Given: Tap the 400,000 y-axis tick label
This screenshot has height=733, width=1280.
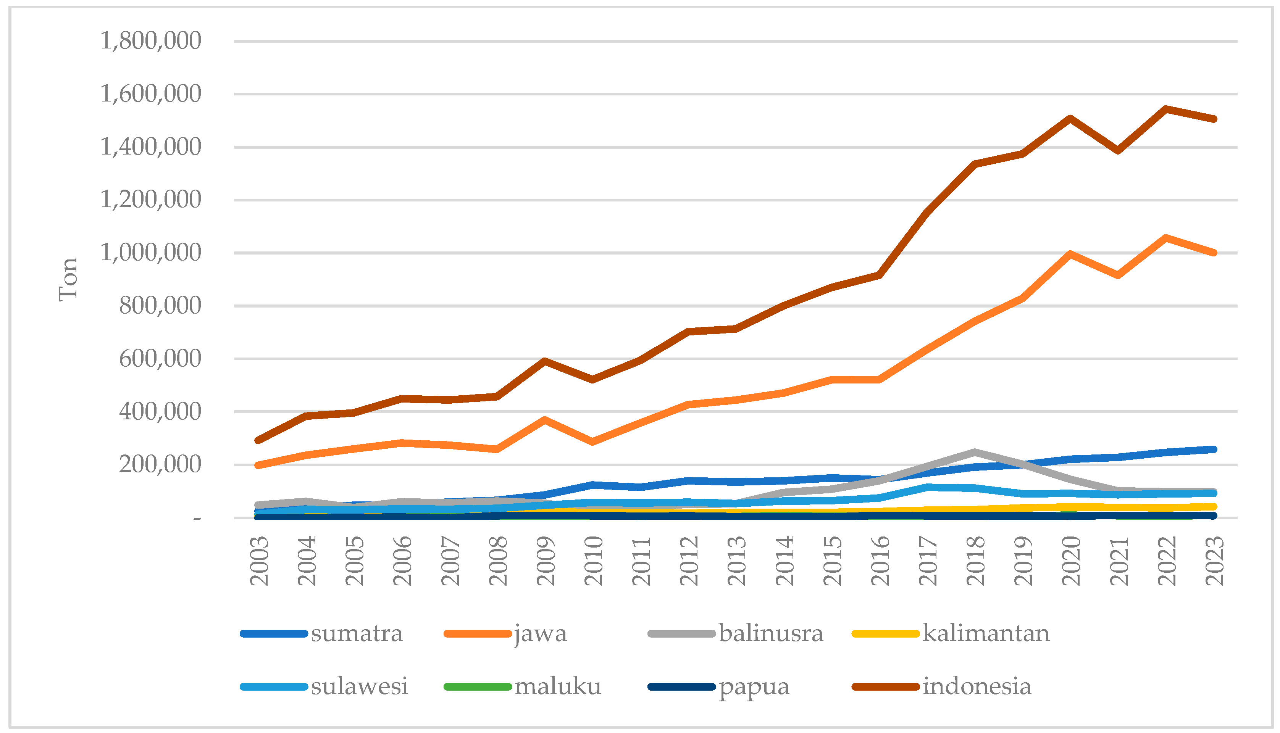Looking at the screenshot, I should [160, 412].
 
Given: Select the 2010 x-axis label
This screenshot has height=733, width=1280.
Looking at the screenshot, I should [594, 561].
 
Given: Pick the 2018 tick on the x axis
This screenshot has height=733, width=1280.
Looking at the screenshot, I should [976, 561].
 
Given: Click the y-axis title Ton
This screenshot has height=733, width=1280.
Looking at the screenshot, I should [68, 279].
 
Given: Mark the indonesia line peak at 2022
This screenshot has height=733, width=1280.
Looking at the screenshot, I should [1166, 108].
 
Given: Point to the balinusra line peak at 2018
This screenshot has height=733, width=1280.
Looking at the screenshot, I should [975, 451].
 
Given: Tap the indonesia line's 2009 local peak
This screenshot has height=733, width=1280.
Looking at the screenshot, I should [545, 360].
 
